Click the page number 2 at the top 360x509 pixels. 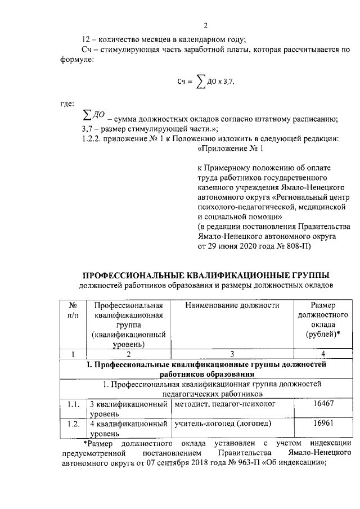pos(206,26)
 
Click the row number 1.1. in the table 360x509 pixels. pos(73,404)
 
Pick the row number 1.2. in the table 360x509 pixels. pos(73,424)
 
